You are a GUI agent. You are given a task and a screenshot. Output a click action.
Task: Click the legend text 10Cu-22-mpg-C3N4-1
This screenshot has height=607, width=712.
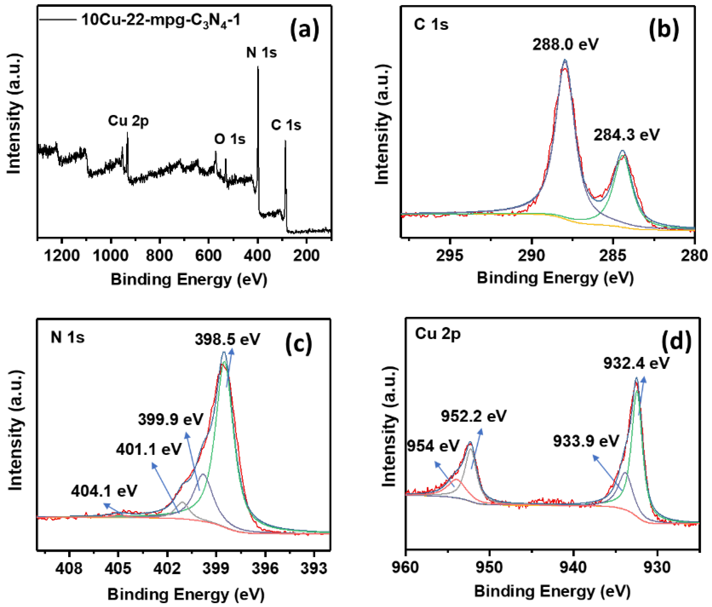tap(161, 21)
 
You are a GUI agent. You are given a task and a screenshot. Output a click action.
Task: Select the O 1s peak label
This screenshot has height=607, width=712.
tap(230, 139)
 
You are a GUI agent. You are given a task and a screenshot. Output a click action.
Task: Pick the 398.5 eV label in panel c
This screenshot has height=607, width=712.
tap(227, 339)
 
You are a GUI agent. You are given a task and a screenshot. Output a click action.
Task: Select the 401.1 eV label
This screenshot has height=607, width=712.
tap(148, 449)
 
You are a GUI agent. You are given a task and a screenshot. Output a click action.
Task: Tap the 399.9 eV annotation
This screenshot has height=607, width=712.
tap(170, 420)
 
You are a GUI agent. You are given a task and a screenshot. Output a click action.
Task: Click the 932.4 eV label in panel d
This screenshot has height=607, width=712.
tap(636, 363)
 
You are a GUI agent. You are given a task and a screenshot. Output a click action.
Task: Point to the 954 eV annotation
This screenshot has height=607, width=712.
tap(433, 446)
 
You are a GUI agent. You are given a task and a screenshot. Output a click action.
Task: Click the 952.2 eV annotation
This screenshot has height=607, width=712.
tap(474, 416)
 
